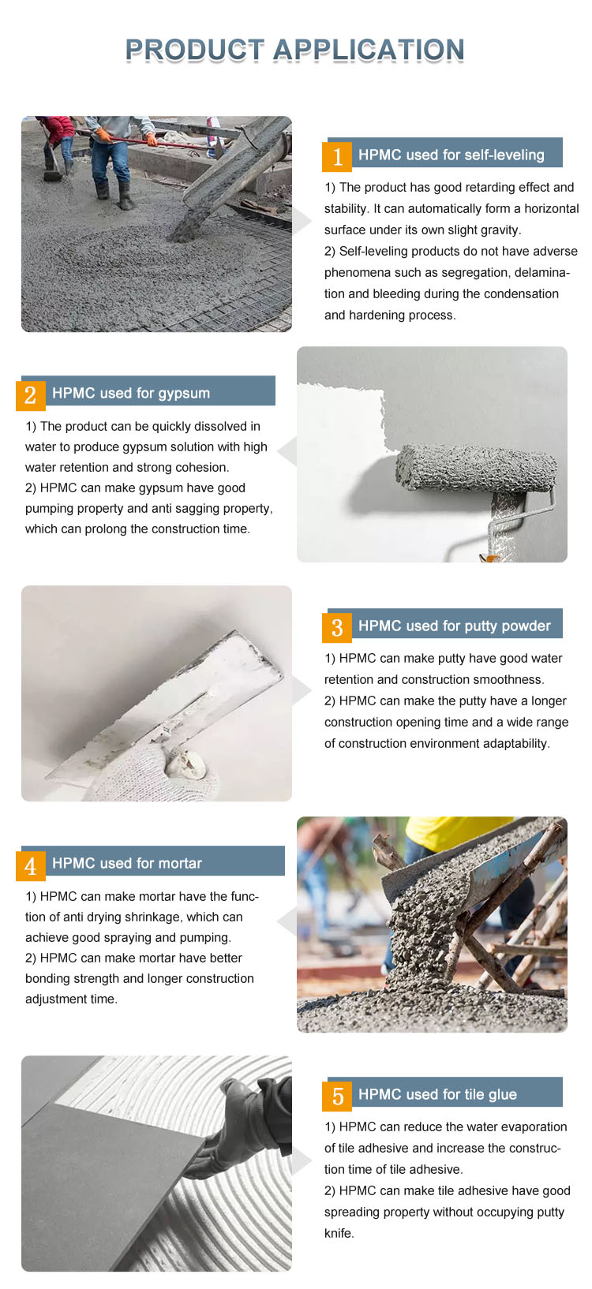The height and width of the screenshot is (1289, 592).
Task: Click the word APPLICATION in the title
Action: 369,50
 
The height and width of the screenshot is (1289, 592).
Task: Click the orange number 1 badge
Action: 337,156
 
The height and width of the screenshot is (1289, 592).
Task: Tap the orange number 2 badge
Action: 31,395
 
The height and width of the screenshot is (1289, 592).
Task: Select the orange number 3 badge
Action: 337,627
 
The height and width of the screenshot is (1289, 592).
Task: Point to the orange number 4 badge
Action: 31,865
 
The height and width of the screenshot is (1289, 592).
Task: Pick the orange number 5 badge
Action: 337,1097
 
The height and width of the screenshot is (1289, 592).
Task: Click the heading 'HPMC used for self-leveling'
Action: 451,155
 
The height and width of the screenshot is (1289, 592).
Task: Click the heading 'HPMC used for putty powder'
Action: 455,626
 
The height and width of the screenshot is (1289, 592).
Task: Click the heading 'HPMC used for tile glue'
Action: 437,1094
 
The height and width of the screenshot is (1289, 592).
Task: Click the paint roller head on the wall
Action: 476,468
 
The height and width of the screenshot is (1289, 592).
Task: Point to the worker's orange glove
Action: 103,135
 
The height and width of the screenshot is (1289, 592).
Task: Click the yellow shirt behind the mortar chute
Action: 455,833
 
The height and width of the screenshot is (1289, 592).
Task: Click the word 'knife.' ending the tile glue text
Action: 339,1233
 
